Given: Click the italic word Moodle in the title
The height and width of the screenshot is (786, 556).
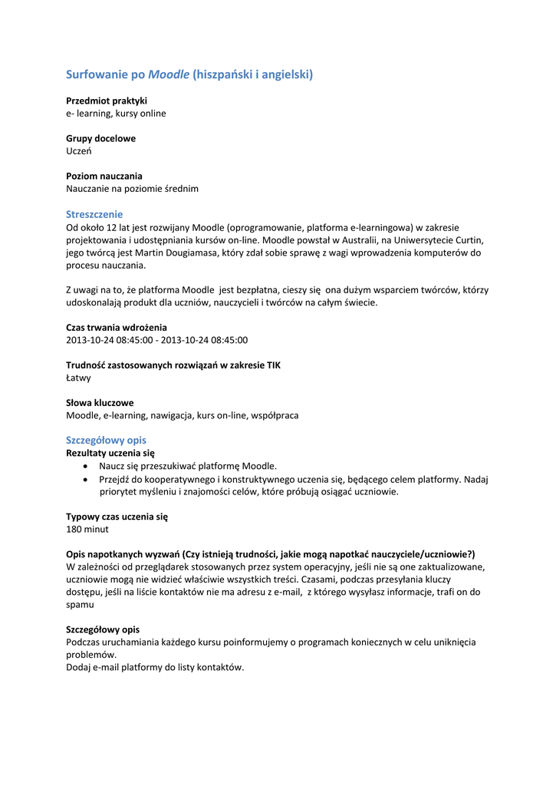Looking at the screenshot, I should click(169, 74).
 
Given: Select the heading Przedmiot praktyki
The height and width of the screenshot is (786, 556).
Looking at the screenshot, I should click(107, 101).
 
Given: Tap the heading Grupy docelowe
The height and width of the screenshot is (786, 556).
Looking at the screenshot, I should click(100, 138).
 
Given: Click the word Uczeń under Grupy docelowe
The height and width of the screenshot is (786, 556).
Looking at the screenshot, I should click(79, 151).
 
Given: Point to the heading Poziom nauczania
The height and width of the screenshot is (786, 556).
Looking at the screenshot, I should click(104, 176).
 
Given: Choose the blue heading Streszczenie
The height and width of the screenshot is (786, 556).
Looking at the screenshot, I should click(94, 214).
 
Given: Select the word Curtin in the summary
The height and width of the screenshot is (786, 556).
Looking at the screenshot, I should click(468, 239).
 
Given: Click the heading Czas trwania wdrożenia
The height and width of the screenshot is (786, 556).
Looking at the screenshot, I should click(117, 327).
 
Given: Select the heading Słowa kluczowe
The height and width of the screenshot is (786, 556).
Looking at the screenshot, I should click(100, 402).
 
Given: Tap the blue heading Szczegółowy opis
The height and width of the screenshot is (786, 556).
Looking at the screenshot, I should click(106, 441).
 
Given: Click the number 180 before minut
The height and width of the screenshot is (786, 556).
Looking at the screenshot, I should click(74, 529).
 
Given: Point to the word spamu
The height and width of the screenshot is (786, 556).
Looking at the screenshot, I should click(80, 604).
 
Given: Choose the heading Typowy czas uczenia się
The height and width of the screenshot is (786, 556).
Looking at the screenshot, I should click(117, 517).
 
